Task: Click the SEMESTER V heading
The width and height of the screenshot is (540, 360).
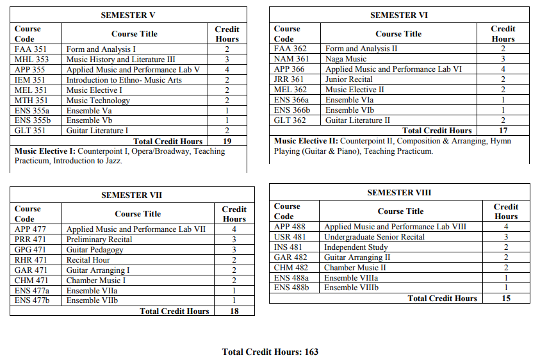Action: coord(128,15)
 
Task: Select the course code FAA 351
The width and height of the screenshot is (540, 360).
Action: coord(29,49)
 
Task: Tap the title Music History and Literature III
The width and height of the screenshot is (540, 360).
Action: coord(120,60)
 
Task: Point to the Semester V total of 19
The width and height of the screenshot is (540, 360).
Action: coord(227,141)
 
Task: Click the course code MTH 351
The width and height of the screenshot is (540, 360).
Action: coord(31,101)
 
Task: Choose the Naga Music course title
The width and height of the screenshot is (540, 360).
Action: coord(347,59)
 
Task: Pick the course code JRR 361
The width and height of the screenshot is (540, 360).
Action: coord(289,79)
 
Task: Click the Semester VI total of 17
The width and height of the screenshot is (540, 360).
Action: coord(503,131)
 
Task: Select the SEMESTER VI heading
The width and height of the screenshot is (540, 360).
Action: coord(399,15)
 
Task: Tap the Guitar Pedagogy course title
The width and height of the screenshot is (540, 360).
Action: coord(94,250)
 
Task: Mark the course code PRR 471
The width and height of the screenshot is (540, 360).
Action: coord(29,240)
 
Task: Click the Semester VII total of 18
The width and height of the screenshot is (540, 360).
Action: coord(234,311)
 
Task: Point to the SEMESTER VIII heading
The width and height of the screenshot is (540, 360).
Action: coord(399,192)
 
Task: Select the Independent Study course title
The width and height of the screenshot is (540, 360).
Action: coord(357,247)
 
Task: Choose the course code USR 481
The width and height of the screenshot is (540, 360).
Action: coord(290,237)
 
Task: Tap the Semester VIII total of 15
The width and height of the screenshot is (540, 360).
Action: coord(506,299)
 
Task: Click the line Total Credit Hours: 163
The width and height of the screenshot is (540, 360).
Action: coord(270,352)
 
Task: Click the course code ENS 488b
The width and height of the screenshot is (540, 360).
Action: coord(291,288)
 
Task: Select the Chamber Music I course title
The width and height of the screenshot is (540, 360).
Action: coord(96,281)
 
